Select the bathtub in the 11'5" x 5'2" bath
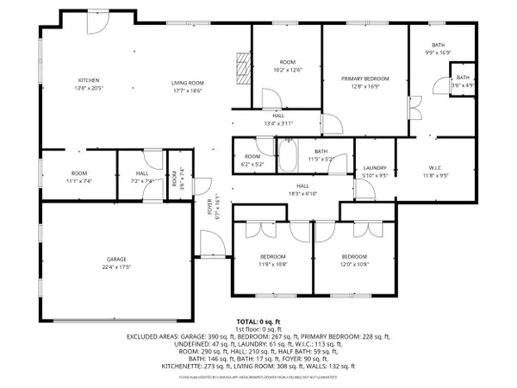pyautogui.click(x=289, y=156)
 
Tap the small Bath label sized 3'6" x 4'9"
pyautogui.click(x=464, y=82)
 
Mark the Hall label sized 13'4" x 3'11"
pyautogui.click(x=278, y=119)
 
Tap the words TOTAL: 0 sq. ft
pyautogui.click(x=258, y=321)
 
